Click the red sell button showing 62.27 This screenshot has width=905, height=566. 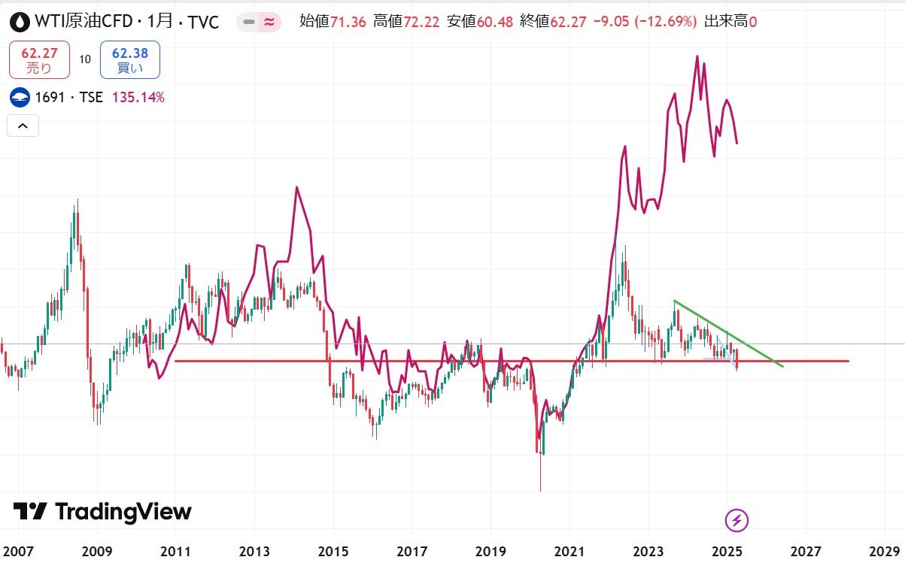(39, 60)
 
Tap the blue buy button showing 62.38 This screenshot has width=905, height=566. (129, 60)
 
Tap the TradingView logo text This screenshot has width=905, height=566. (102, 512)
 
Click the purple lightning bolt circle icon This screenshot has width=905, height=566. (736, 519)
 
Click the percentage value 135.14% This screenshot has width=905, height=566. (138, 97)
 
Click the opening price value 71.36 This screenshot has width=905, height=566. (348, 22)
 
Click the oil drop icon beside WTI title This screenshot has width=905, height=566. (19, 22)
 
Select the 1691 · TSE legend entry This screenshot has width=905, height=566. (68, 97)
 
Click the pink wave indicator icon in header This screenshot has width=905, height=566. (268, 23)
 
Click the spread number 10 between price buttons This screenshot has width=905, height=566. (85, 60)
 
